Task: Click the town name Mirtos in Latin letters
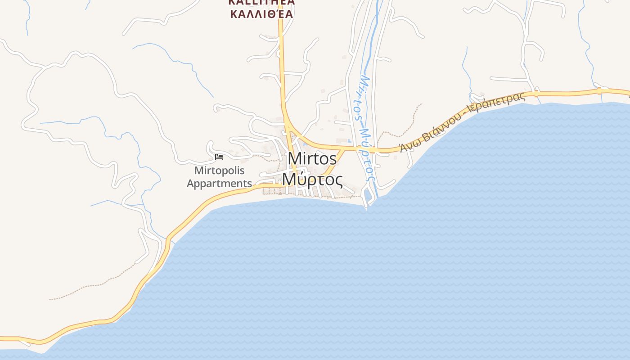312,159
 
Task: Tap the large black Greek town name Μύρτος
312,180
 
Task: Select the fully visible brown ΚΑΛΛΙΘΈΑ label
261,13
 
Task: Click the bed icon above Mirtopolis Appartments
219,157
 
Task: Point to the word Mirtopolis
219,171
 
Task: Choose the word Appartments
219,184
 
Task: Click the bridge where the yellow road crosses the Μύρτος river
364,149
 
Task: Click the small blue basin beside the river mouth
367,194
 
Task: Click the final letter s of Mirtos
333,159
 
